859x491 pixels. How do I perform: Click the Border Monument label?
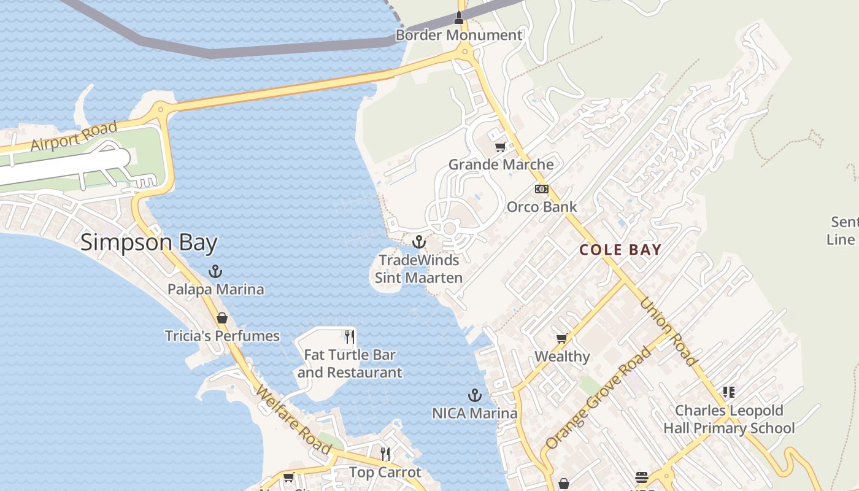point(458,35)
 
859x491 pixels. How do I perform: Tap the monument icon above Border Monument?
point(458,18)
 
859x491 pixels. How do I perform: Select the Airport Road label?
point(74,136)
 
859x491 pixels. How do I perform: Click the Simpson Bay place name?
point(149,242)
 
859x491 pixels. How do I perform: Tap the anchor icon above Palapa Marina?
point(215,271)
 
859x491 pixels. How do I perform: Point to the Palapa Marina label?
point(216,289)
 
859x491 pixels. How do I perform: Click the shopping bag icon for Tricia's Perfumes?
point(222,318)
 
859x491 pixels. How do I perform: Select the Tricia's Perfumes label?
point(222,336)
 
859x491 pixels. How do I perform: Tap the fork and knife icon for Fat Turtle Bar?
point(350,336)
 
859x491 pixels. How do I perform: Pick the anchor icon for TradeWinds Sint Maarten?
point(419,242)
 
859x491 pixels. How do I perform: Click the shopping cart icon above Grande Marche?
point(501,147)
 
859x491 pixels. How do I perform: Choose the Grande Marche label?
point(501,164)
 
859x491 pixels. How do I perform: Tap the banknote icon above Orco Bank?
point(541,189)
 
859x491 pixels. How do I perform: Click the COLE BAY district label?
point(620,250)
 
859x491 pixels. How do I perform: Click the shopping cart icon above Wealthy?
point(561,338)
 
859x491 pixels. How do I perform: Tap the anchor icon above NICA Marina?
point(474,395)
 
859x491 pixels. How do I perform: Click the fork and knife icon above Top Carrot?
point(385,454)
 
